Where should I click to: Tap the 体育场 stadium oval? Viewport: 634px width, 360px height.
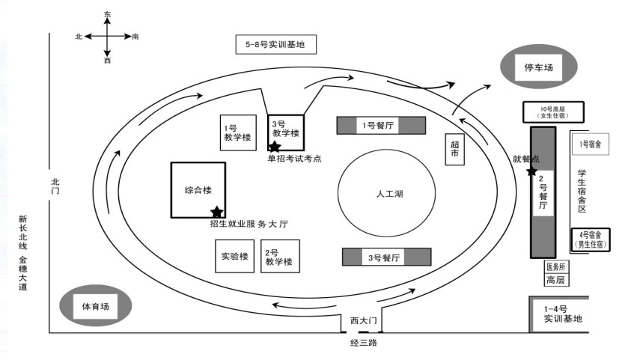[x=95, y=305]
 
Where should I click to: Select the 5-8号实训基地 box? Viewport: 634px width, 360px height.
[x=275, y=45]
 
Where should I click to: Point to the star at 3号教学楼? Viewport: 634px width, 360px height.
[x=275, y=147]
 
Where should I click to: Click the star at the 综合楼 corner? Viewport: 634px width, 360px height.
[x=217, y=213]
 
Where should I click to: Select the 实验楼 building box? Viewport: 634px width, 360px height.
[x=234, y=256]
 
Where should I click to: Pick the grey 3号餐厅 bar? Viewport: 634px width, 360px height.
[x=387, y=257]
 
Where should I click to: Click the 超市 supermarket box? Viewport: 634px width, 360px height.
[x=456, y=150]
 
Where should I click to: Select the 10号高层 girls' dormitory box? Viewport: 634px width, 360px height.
[x=554, y=112]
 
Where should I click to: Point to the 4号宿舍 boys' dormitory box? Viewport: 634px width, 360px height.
[x=591, y=240]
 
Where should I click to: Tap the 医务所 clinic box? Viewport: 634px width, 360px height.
[x=557, y=267]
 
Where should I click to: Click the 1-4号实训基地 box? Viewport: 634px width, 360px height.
[x=562, y=314]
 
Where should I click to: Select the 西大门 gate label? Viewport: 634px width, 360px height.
[x=365, y=320]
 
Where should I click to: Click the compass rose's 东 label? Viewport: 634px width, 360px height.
[x=108, y=14]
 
